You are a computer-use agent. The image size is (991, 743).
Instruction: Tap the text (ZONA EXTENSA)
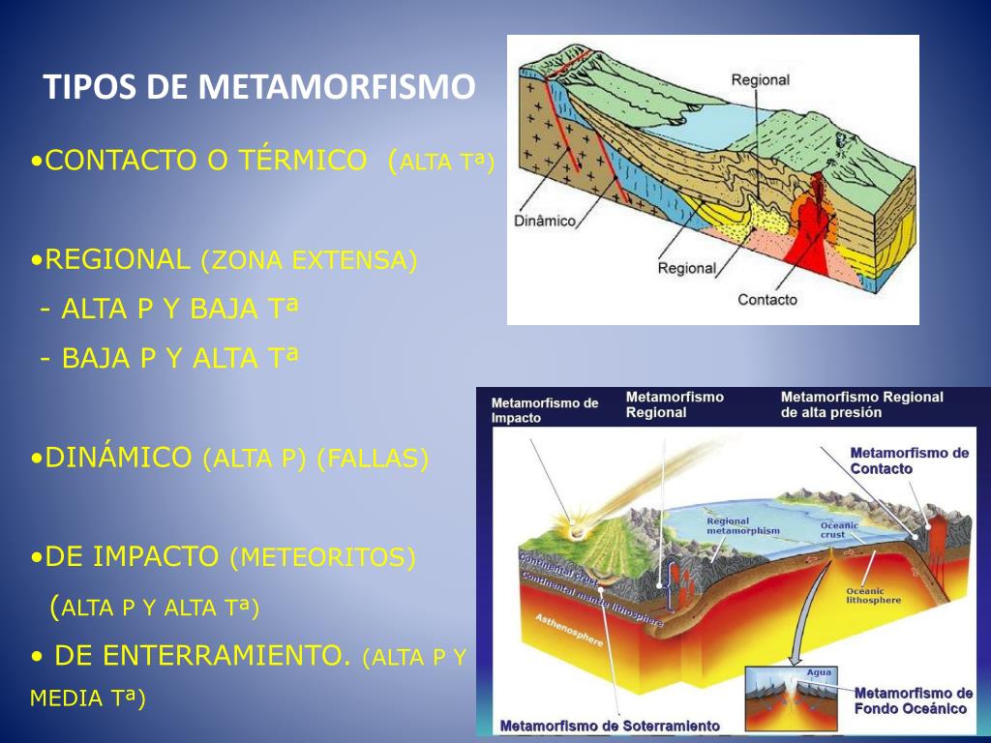(x=309, y=260)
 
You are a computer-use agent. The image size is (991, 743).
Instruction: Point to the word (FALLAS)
(x=373, y=459)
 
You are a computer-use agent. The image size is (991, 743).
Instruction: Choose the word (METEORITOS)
(x=322, y=558)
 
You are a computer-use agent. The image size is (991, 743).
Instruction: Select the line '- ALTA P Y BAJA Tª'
(x=169, y=309)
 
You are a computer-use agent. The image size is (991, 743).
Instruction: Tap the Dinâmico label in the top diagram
(x=544, y=222)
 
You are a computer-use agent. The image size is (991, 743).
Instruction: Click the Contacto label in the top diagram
(x=767, y=300)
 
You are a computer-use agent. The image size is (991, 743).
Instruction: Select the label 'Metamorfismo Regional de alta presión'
(x=861, y=404)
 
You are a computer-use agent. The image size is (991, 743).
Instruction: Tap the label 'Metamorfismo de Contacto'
(x=909, y=461)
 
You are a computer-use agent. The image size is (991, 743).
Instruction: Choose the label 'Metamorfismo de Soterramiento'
(x=609, y=725)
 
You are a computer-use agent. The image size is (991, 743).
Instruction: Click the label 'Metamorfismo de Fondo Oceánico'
(x=913, y=700)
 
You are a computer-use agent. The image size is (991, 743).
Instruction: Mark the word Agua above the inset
(x=819, y=672)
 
